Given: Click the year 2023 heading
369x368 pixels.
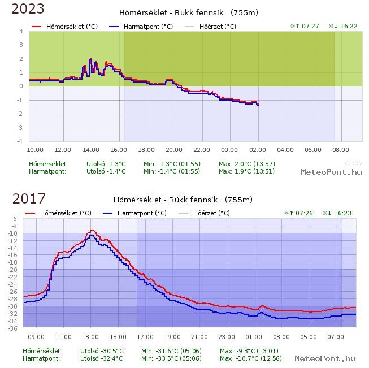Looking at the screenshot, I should click(28, 9).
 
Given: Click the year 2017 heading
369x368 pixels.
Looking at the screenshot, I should click(29, 198).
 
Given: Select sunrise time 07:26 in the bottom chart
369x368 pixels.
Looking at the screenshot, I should click(298, 213).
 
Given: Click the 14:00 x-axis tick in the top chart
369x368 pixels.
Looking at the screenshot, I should click(90, 150).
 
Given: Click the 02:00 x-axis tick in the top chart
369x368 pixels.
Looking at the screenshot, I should click(258, 150).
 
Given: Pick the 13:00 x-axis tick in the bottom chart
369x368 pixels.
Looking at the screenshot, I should click(90, 337).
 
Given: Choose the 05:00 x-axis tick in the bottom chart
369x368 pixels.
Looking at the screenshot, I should click(308, 337).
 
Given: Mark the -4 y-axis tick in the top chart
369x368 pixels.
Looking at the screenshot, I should click(20, 141).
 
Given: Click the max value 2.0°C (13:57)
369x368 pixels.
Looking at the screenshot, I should click(247, 164).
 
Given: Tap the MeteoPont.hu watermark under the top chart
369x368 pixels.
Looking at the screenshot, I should click(331, 172).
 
